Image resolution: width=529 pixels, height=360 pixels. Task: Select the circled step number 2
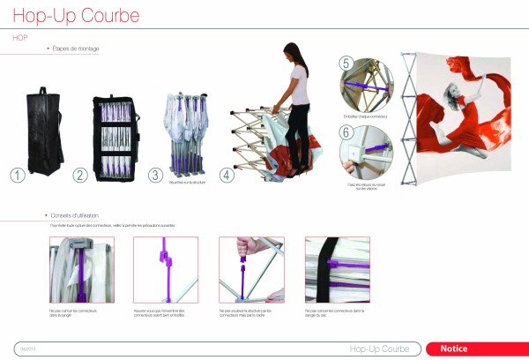point(80,175)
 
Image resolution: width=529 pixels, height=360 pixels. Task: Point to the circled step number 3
point(154,175)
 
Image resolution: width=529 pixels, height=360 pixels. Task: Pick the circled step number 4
point(227,175)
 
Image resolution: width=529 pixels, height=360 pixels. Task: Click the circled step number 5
point(346,64)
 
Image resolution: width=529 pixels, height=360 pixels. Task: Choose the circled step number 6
point(346,131)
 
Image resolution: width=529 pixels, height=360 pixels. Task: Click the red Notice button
point(477,349)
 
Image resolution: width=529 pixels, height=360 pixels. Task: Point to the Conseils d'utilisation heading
point(79,216)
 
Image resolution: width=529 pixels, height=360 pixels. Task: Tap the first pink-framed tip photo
point(75,268)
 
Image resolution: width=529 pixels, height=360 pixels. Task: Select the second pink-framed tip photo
point(165,268)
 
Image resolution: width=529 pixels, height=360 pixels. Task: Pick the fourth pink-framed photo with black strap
point(337,268)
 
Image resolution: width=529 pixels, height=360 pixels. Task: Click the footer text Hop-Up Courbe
point(379,349)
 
